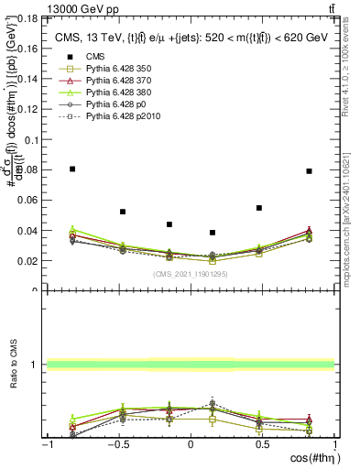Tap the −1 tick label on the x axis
coord(48,444)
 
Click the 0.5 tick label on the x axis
coord(262,444)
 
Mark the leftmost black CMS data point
coord(72,169)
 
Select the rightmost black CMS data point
coord(310,170)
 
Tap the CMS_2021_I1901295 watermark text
coord(190,274)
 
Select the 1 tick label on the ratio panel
coord(38,365)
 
